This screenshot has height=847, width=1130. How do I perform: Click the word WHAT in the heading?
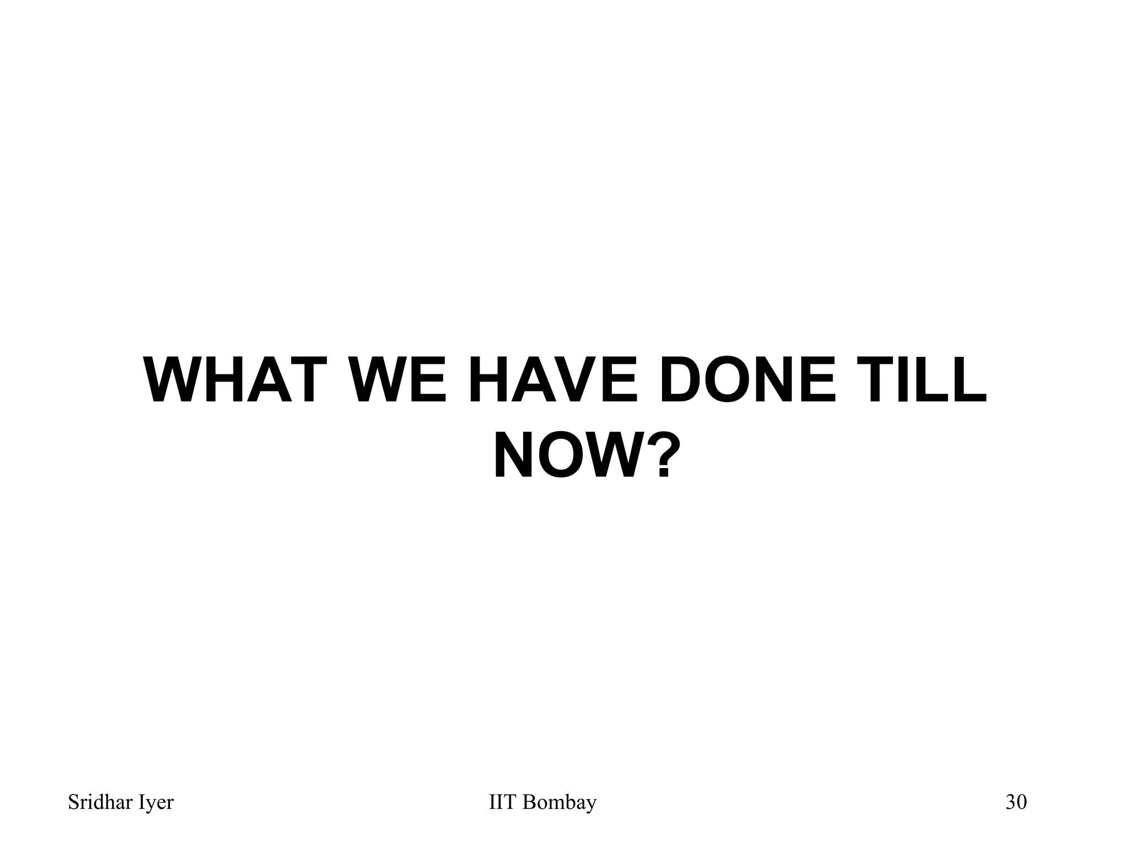(232, 380)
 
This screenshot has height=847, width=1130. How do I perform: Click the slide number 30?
(1016, 803)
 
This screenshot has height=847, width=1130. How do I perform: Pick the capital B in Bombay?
(528, 803)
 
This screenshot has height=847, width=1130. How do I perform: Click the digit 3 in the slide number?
(1011, 803)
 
